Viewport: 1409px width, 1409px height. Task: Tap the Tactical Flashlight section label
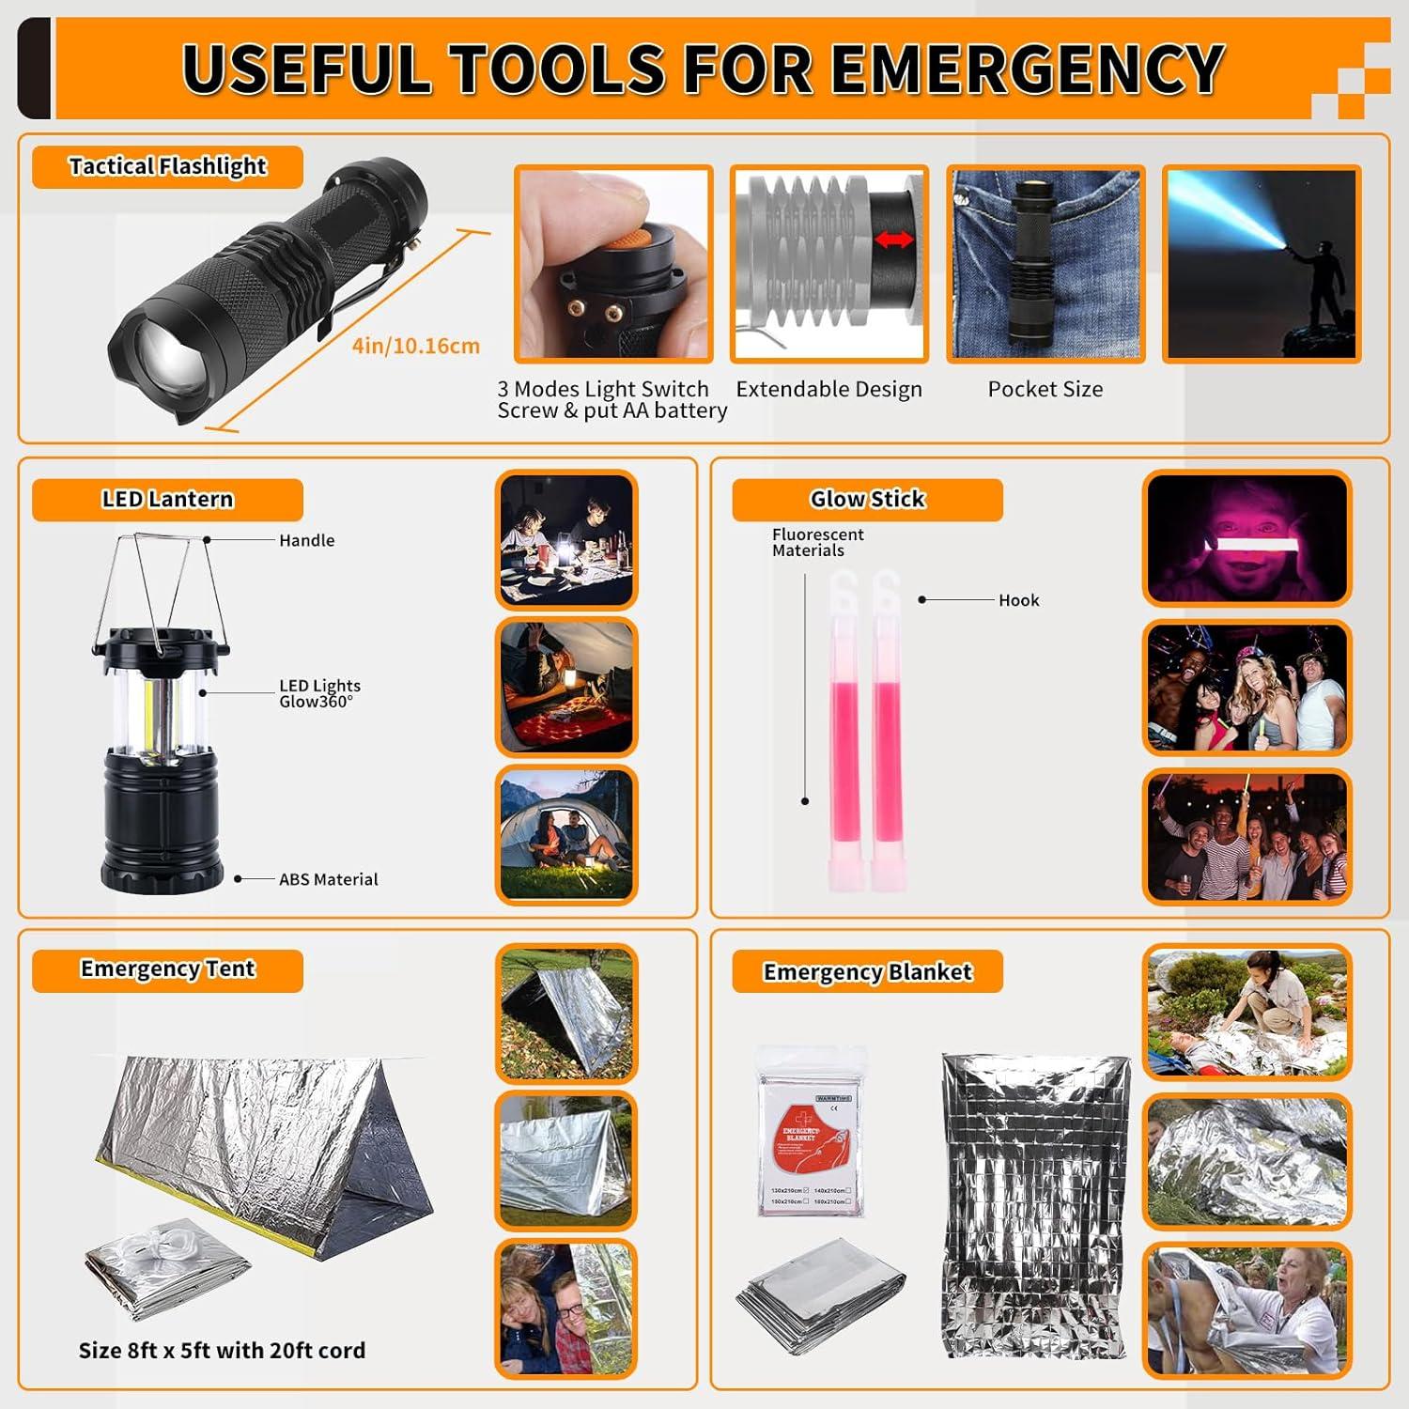click(x=167, y=166)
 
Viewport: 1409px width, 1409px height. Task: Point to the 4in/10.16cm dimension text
click(x=415, y=346)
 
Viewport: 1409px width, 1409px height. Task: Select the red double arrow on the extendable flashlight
click(x=893, y=240)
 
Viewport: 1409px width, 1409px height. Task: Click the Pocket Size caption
click(x=1045, y=389)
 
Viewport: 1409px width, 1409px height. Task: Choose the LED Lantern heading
click(x=167, y=499)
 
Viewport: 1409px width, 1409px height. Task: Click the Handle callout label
click(x=306, y=540)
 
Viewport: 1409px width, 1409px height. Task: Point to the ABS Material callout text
click(x=328, y=879)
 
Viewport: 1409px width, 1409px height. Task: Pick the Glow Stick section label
click(x=867, y=499)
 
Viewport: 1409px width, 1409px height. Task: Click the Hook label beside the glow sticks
click(x=1018, y=600)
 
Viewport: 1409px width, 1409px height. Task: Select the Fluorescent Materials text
click(x=817, y=542)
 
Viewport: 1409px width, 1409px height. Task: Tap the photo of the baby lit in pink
click(x=1246, y=539)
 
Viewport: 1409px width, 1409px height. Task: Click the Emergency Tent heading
click(x=167, y=969)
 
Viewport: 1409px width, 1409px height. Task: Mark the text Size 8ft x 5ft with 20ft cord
click(x=222, y=1350)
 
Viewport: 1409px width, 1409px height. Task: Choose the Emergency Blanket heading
click(x=867, y=971)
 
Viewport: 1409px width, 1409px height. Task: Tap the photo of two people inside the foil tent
click(x=565, y=1308)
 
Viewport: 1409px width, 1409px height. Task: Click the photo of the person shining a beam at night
click(x=1261, y=265)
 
